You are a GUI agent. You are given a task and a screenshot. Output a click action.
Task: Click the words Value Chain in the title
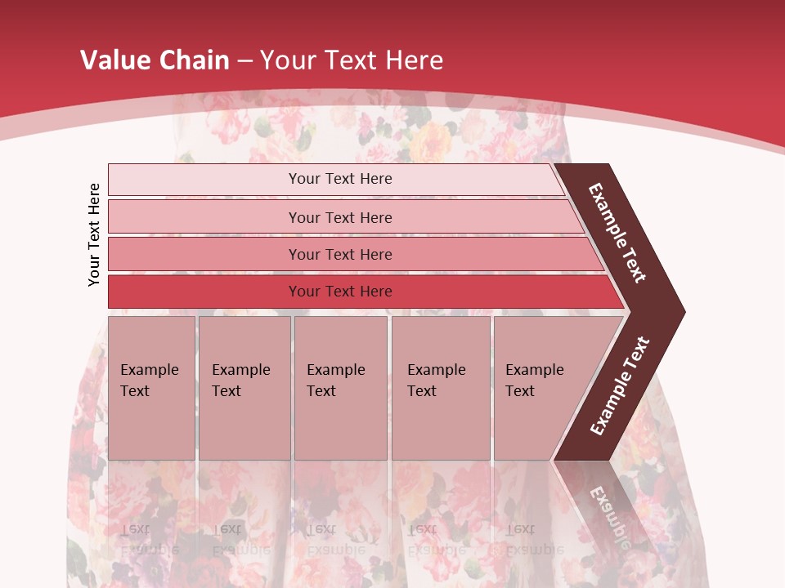pos(155,60)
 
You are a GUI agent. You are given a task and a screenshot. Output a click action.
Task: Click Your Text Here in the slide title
pos(352,60)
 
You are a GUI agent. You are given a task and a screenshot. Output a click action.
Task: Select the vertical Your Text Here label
pos(94,234)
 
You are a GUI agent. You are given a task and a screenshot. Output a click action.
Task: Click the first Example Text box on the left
pos(151,388)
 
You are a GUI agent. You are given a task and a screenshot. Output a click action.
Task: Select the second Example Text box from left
pos(244,388)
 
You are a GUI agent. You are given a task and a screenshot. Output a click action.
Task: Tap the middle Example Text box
pos(340,388)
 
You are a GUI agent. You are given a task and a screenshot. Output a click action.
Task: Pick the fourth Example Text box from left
pos(441,388)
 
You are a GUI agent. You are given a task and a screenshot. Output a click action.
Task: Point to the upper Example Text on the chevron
pos(617,233)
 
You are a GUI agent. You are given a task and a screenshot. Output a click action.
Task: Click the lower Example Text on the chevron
pos(620,386)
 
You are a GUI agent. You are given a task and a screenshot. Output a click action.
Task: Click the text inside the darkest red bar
pos(340,292)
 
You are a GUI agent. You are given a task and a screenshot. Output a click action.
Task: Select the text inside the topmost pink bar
pos(340,179)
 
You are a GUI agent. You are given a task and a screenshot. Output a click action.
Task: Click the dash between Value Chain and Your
pos(244,60)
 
